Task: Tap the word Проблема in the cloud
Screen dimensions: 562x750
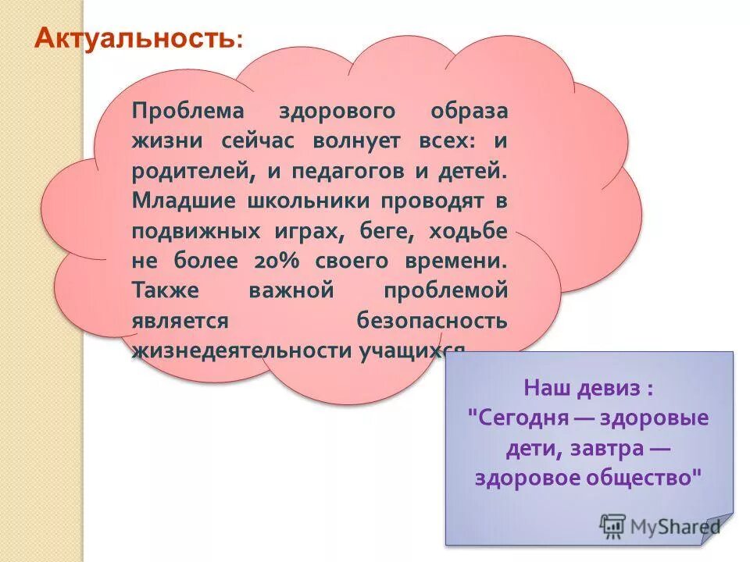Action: tap(187, 111)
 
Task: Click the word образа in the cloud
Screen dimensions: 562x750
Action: tap(469, 111)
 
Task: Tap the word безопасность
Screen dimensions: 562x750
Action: tap(432, 320)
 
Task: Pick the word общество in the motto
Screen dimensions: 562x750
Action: tap(640, 477)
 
